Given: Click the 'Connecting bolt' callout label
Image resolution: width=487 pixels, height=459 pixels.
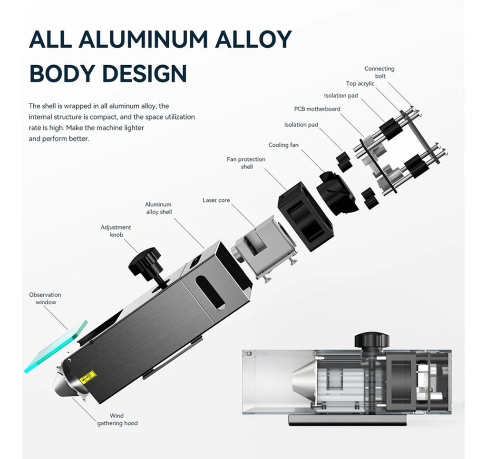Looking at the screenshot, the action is (379, 72).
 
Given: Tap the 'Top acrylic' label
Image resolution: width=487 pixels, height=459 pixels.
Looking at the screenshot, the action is (360, 84).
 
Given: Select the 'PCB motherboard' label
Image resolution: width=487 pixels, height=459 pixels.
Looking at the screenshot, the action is (317, 109).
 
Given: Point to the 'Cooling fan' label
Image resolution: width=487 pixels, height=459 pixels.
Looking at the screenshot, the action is (283, 145).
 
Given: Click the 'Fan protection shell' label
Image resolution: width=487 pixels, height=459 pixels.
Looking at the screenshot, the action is (246, 163).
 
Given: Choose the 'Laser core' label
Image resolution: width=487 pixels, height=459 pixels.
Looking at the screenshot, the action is (216, 200).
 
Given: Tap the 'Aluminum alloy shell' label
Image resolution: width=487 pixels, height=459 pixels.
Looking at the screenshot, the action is (158, 208).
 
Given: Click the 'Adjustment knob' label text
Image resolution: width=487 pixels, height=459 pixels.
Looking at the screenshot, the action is (116, 231).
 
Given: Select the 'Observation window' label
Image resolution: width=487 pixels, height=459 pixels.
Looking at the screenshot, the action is (45, 299).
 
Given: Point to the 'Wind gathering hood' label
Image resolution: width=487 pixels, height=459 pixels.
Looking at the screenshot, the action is (117, 419).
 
